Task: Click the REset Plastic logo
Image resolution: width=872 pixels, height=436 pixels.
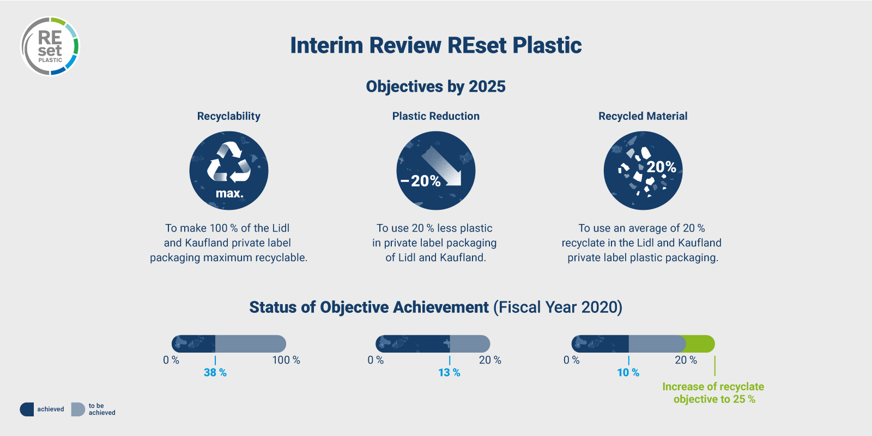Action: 50,46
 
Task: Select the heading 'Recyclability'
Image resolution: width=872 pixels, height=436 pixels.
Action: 228,116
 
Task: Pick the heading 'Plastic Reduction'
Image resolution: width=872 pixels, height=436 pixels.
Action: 435,116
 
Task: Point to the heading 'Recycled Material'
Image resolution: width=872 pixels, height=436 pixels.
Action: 643,116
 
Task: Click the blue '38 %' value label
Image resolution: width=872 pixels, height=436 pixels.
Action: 215,373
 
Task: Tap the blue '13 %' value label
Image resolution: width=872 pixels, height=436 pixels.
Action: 449,373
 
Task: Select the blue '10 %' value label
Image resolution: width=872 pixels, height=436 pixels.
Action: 628,373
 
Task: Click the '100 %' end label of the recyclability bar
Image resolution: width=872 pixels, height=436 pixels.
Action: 286,360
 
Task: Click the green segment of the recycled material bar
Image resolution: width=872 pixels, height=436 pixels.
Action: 700,344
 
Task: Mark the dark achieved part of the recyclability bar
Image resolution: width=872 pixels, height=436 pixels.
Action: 193,344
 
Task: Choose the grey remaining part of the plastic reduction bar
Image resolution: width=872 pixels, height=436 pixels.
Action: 470,344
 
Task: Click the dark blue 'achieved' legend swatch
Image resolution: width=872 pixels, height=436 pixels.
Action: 27,409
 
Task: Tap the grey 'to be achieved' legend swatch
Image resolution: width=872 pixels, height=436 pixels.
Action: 78,409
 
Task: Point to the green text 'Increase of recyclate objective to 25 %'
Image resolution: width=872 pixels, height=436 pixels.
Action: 713,393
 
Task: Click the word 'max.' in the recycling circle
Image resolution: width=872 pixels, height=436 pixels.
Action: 229,193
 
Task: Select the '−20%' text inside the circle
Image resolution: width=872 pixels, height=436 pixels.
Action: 420,180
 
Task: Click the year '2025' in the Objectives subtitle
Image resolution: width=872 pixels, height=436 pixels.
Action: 487,87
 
